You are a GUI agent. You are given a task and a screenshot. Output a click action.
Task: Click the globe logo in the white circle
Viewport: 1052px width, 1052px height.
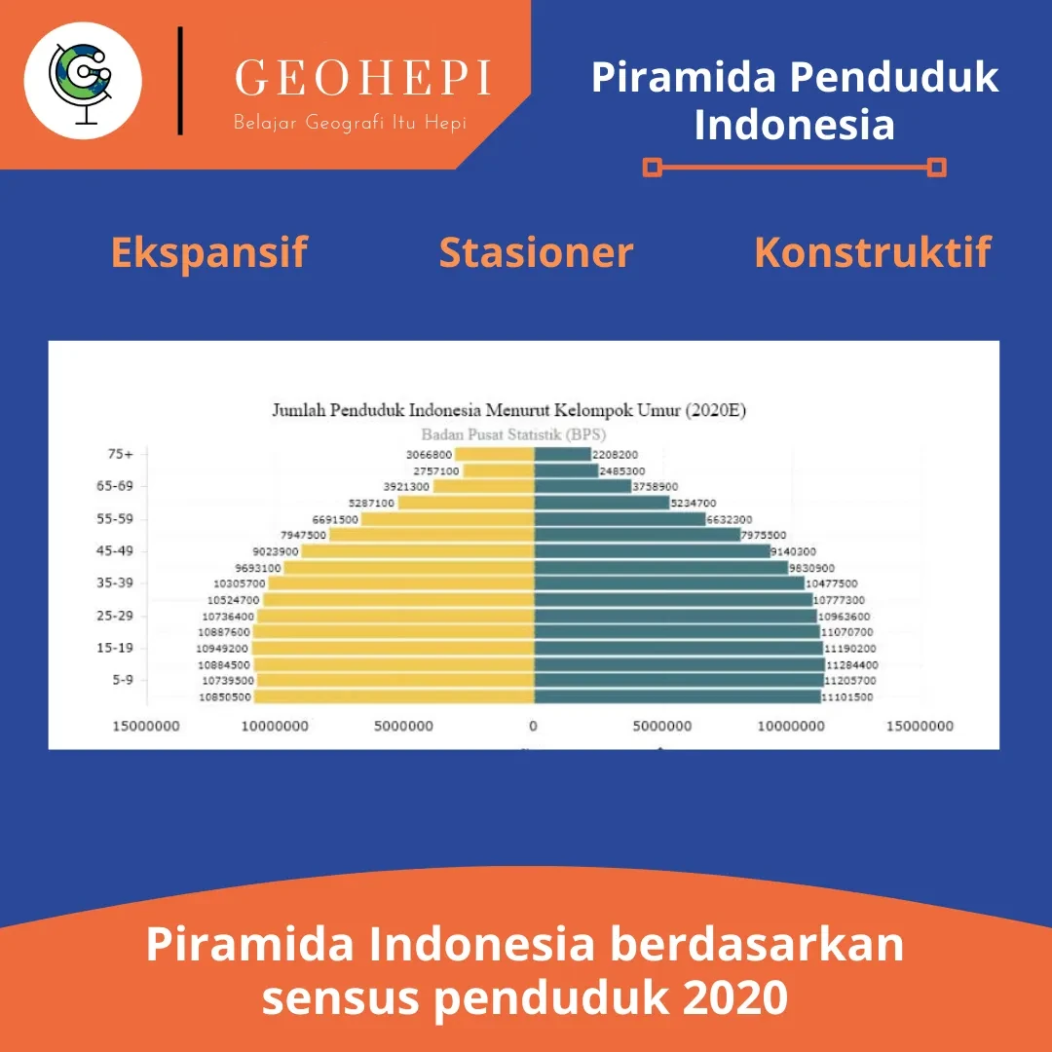coord(81,82)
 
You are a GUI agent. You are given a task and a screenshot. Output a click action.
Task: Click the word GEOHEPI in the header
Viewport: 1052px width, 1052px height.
coord(363,78)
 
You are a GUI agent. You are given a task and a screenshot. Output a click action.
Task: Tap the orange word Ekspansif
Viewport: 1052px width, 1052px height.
coord(208,253)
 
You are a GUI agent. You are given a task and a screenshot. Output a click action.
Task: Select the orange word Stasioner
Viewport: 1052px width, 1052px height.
coord(536,252)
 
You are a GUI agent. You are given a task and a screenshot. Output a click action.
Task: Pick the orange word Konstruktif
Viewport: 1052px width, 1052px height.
coord(873,252)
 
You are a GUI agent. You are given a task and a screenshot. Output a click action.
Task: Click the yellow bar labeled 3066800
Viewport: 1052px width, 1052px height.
coord(495,454)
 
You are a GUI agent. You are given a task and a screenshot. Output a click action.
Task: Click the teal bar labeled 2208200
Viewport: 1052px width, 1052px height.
coord(562,454)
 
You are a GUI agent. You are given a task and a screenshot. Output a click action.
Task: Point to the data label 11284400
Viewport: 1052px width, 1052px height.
coord(852,665)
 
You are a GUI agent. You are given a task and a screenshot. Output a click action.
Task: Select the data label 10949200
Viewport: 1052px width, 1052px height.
coord(222,649)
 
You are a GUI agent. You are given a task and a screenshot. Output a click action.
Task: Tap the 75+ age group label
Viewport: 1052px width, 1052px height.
coord(121,454)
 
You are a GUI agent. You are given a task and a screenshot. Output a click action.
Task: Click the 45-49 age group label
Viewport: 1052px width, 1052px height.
coord(115,550)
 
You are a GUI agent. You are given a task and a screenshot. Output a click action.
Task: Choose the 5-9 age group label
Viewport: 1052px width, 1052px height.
coord(123,680)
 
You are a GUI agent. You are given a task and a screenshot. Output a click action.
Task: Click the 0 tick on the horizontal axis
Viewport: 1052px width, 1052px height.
coord(534,726)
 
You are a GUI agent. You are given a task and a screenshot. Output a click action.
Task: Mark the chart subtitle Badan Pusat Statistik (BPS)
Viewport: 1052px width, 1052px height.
coord(513,434)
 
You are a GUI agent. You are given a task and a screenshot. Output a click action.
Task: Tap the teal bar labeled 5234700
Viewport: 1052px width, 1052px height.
coord(602,503)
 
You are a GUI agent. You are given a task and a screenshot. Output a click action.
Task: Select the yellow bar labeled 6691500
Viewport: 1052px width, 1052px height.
coord(447,518)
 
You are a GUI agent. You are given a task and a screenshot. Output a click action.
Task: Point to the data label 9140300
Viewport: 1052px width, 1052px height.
coord(793,551)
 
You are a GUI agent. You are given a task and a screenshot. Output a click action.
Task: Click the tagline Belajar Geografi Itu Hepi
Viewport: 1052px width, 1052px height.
coord(350,123)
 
